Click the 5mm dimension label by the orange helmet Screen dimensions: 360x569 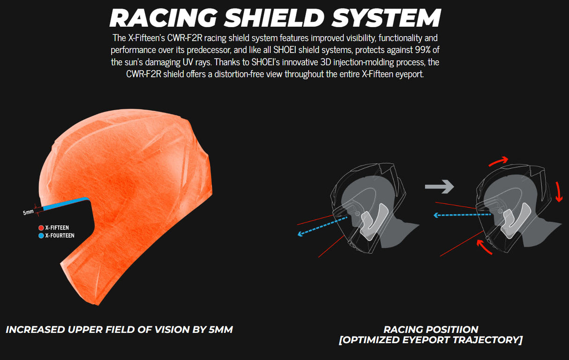tap(28, 212)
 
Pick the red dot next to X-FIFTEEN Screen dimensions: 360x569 tap(41, 228)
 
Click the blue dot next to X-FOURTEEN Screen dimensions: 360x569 tap(41, 235)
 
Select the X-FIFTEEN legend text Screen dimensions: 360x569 tap(57, 228)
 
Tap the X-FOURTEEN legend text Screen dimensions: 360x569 tap(60, 235)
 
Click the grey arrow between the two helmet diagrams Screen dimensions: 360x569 tap(439, 187)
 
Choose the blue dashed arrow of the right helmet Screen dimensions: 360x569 tap(462, 215)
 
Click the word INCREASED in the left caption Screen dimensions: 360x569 tap(36, 330)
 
